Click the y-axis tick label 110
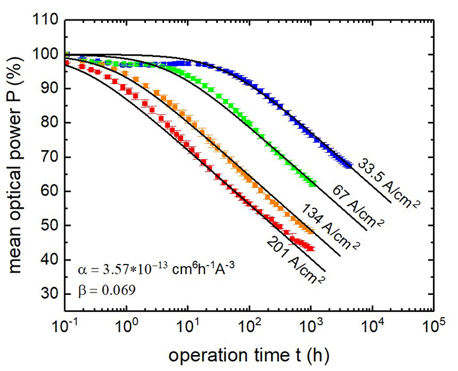44,21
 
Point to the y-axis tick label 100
44,55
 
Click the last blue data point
349,166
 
